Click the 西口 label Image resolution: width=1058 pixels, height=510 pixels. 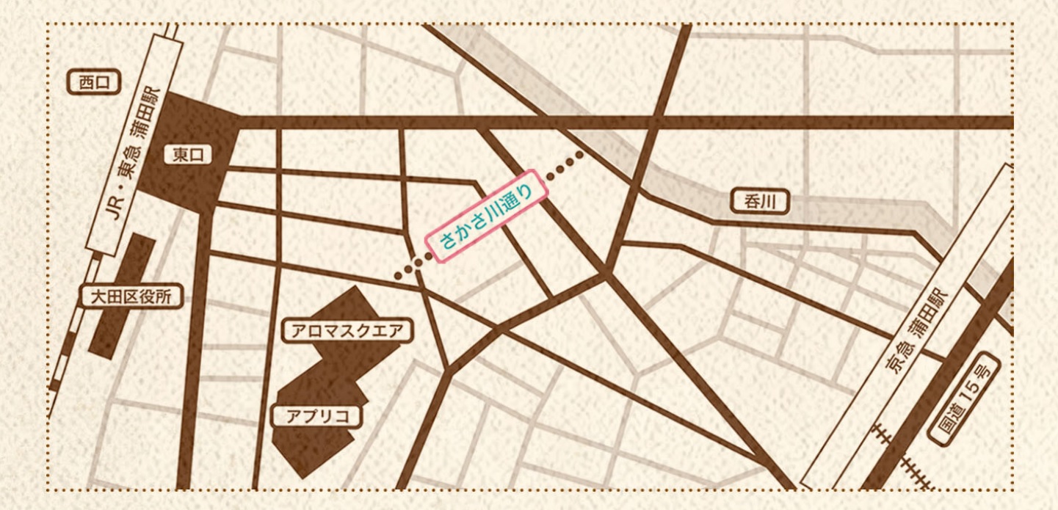pos(93,83)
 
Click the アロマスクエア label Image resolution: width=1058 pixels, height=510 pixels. pos(347,331)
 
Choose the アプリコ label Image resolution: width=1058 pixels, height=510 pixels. pos(316,416)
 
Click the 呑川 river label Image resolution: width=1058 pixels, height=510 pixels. pos(760,201)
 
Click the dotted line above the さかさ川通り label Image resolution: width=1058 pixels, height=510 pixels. pos(566,164)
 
